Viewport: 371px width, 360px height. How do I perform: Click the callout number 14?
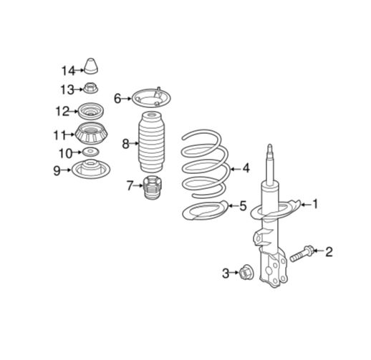tap(68, 71)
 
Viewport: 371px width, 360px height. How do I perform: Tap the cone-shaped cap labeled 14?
tap(91, 66)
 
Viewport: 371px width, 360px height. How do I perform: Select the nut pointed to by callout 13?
tap(91, 88)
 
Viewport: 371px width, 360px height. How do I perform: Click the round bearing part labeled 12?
tap(91, 111)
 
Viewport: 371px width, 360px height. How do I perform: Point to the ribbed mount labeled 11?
tap(91, 133)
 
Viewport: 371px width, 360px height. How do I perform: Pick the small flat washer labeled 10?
tap(90, 152)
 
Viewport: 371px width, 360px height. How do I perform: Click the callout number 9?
tap(57, 170)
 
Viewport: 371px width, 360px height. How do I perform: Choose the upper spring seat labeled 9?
tap(91, 169)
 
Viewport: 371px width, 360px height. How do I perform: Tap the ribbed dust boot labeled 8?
tap(151, 142)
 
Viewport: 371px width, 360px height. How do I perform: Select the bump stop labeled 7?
tap(152, 188)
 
